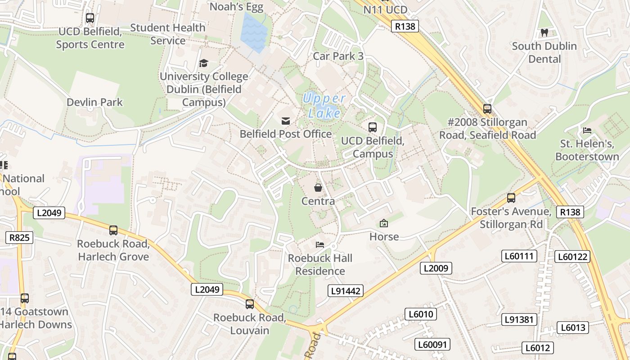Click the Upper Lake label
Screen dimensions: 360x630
pyautogui.click(x=324, y=105)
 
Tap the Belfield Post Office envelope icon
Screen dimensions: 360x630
pyautogui.click(x=286, y=121)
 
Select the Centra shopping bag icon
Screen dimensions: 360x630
pyautogui.click(x=318, y=187)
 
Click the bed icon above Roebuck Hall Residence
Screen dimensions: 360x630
pyautogui.click(x=320, y=245)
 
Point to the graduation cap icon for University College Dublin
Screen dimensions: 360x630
pyautogui.click(x=204, y=63)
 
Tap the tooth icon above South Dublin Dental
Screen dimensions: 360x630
pyautogui.click(x=544, y=32)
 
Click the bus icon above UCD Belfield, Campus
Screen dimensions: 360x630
pyautogui.click(x=373, y=127)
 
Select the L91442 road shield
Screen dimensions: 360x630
pyautogui.click(x=346, y=291)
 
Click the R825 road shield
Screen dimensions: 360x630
pyautogui.click(x=19, y=237)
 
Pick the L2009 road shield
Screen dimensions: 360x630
pyautogui.click(x=436, y=268)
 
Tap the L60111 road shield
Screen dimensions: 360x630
pyautogui.click(x=520, y=256)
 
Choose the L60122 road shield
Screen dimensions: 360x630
pyautogui.click(x=572, y=256)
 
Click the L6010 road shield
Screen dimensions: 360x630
pyautogui.click(x=421, y=314)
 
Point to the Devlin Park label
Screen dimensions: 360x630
pyautogui.click(x=94, y=102)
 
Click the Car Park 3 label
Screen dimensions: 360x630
pyautogui.click(x=338, y=56)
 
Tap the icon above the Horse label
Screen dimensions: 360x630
pyautogui.click(x=384, y=223)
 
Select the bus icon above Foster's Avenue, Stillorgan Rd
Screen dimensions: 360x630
pyautogui.click(x=511, y=198)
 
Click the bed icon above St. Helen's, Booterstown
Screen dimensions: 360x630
pyautogui.click(x=587, y=130)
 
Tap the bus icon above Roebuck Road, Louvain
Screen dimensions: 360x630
pyautogui.click(x=250, y=304)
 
